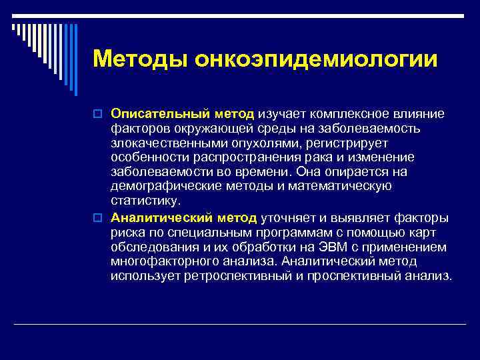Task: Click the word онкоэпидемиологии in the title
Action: click(317, 59)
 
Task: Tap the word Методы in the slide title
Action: click(140, 59)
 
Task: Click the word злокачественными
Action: click(162, 143)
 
